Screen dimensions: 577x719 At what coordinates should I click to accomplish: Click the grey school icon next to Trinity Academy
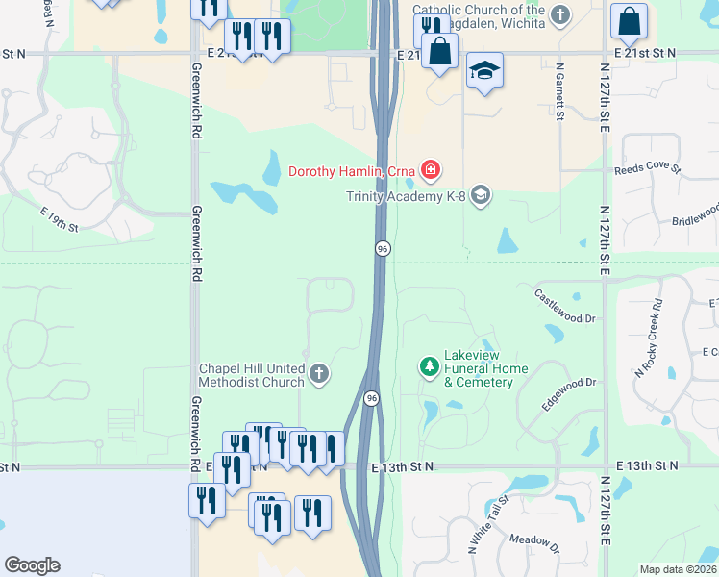481,196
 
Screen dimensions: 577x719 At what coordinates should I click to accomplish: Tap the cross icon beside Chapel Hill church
318,372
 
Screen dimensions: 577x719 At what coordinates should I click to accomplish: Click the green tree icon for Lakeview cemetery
429,366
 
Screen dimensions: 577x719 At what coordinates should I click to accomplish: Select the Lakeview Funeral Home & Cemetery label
485,368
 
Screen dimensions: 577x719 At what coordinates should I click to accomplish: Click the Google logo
32,565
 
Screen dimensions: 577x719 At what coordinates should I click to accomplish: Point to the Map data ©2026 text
679,569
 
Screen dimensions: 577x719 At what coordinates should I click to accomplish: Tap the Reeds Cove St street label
647,168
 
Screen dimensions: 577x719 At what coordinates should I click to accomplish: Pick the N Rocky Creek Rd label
649,337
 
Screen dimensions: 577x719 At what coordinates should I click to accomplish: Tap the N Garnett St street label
558,93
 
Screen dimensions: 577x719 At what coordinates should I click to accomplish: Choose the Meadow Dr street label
534,545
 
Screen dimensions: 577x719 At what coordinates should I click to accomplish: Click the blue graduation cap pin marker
485,71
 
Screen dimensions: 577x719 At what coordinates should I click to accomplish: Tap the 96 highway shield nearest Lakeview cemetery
371,397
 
